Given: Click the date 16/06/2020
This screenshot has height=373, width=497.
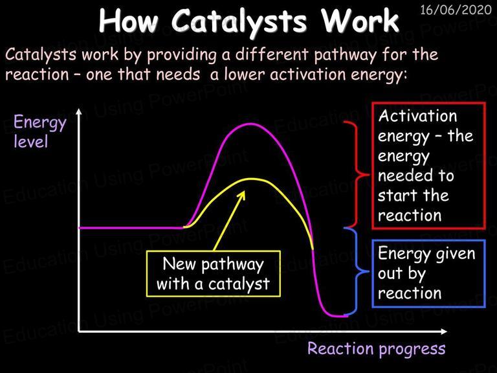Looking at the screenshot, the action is pyautogui.click(x=456, y=10).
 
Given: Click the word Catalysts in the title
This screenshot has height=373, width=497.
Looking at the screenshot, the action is pyautogui.click(x=239, y=21).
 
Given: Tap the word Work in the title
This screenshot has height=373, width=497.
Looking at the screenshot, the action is pyautogui.click(x=360, y=20).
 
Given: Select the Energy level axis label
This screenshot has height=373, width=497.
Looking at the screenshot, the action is pyautogui.click(x=40, y=132).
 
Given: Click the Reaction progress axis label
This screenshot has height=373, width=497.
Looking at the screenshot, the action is pyautogui.click(x=376, y=349).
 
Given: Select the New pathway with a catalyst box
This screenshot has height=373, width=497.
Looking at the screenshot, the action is pyautogui.click(x=214, y=274).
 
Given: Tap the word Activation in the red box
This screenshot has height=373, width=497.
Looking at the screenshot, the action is pyautogui.click(x=417, y=116).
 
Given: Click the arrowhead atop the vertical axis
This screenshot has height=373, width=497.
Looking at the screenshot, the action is pyautogui.click(x=79, y=112).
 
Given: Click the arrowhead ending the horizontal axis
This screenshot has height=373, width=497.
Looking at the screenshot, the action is pyautogui.click(x=443, y=332).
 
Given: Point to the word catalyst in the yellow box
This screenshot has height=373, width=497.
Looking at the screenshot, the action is pyautogui.click(x=239, y=284).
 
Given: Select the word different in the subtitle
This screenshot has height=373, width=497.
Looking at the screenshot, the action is pyautogui.click(x=272, y=54).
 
